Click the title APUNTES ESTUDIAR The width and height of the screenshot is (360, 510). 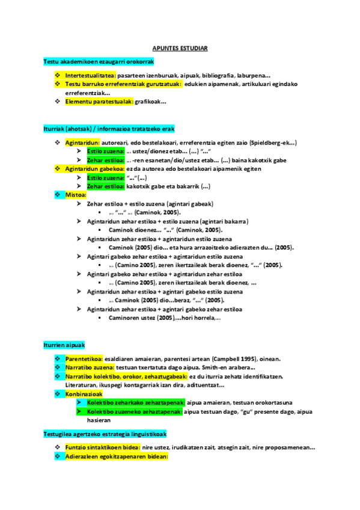(180, 48)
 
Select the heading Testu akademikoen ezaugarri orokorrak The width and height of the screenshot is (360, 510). (99, 62)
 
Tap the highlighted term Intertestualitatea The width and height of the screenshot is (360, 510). (91, 76)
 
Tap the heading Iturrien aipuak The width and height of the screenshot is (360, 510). (64, 345)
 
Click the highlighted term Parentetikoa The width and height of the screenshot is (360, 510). (84, 359)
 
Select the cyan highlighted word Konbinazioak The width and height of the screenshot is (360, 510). (84, 393)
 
